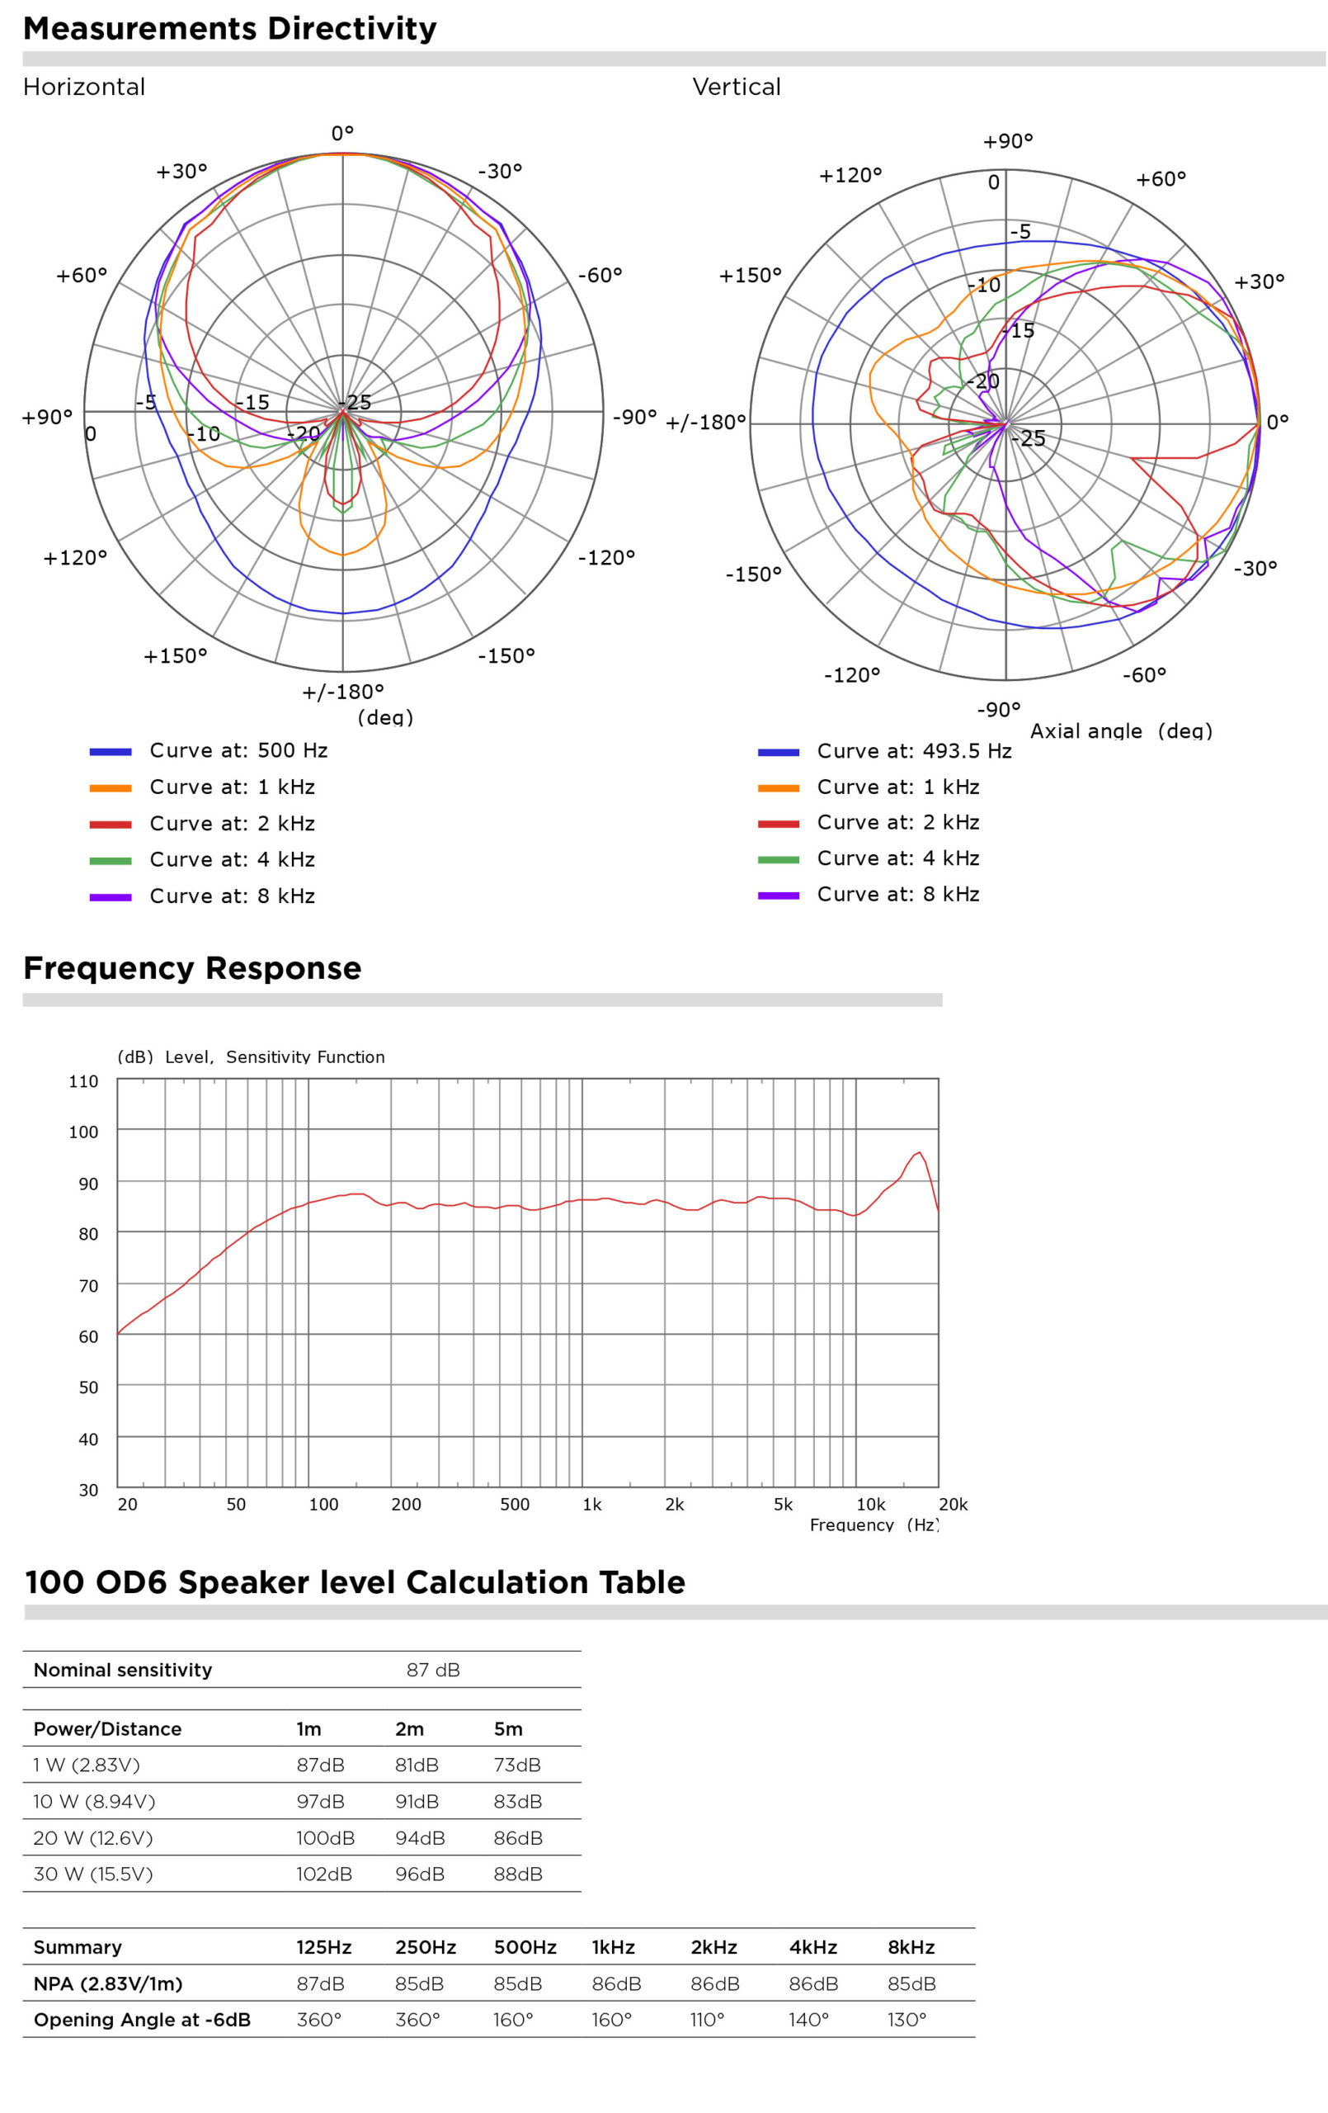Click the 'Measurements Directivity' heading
pyautogui.click(x=229, y=29)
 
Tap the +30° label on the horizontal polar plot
pyautogui.click(x=181, y=171)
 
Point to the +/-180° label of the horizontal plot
pyautogui.click(x=343, y=693)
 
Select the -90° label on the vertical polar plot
pyautogui.click(x=999, y=709)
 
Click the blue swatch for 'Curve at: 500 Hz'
pyautogui.click(x=111, y=752)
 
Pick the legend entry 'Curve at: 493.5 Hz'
pyautogui.click(x=913, y=751)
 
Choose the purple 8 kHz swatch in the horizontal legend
pyautogui.click(x=111, y=897)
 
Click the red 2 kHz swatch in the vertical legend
pyautogui.click(x=778, y=824)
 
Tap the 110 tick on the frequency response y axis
pyautogui.click(x=84, y=1082)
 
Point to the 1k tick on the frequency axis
pyautogui.click(x=592, y=1505)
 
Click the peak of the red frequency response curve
pyautogui.click(x=918, y=1153)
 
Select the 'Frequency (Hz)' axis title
pyautogui.click(x=874, y=1525)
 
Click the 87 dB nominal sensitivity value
pyautogui.click(x=432, y=1670)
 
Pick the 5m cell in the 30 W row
pyautogui.click(x=517, y=1874)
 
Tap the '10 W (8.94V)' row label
pyautogui.click(x=94, y=1802)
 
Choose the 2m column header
pyautogui.click(x=409, y=1728)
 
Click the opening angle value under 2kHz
pyautogui.click(x=707, y=2020)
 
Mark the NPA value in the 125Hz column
pyautogui.click(x=320, y=1984)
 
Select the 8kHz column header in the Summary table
pyautogui.click(x=911, y=1947)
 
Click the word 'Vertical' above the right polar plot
pyautogui.click(x=736, y=87)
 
